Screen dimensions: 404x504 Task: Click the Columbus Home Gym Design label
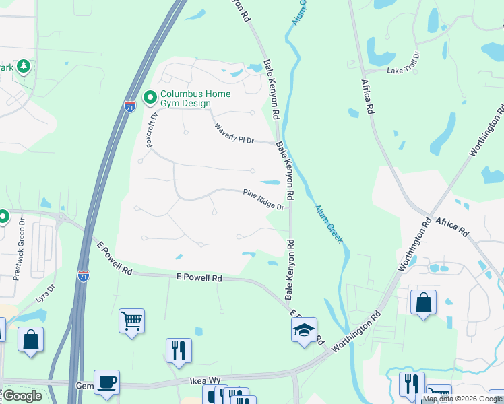coord(195,98)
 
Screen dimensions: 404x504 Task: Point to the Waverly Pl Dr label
coord(234,133)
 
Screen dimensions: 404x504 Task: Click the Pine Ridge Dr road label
coord(263,199)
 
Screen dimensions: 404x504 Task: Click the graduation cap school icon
coord(304,330)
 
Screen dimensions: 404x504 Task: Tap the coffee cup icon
coord(106,382)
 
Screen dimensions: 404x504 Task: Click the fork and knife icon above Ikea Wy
coord(179,350)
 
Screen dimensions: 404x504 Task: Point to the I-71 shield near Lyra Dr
coord(84,276)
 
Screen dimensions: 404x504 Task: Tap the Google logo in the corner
coord(22,396)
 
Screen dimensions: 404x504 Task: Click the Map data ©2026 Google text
coord(462,399)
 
